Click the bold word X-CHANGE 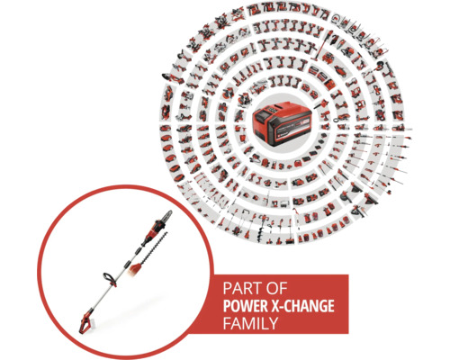click(x=305, y=306)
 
